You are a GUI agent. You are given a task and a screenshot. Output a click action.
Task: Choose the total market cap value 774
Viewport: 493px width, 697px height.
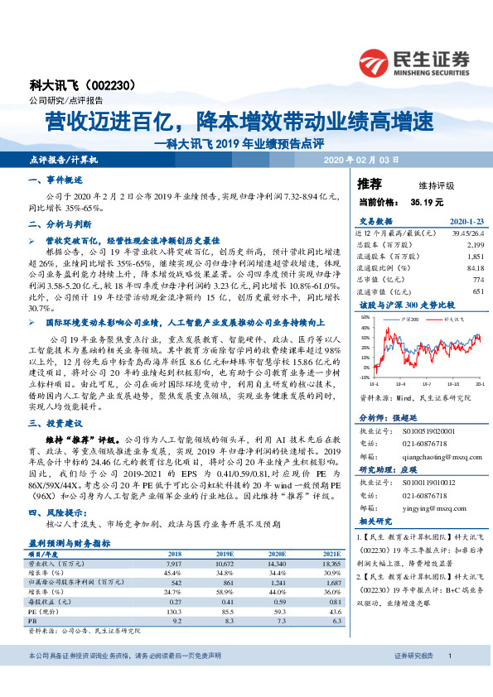pyautogui.click(x=476, y=280)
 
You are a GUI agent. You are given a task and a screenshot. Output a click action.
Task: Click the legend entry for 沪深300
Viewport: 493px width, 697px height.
pyautogui.click(x=407, y=317)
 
